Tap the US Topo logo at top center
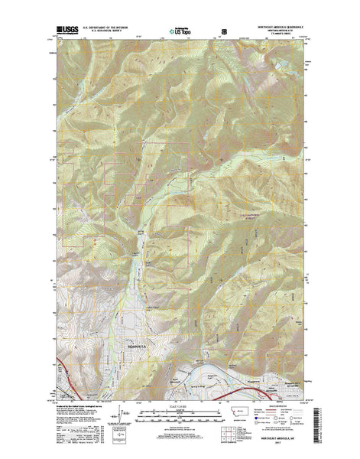180,33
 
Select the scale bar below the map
181,415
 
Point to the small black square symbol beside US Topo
225,32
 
